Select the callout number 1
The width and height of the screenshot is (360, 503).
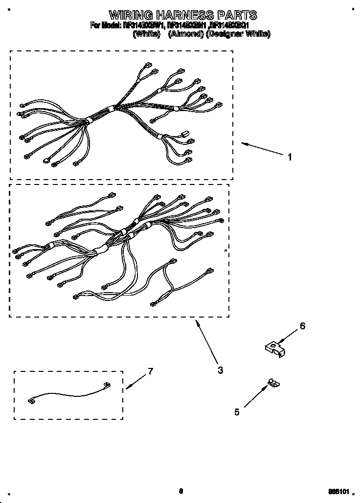point(290,157)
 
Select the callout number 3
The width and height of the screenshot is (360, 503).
point(221,370)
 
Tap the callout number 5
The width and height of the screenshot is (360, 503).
point(237,412)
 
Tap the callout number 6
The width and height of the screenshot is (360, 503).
point(302,326)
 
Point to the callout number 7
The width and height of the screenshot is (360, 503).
point(150,371)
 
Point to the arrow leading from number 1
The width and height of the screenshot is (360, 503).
point(264,149)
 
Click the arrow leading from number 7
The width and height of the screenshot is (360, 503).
point(136,381)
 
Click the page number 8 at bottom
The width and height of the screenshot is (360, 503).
point(180,491)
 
